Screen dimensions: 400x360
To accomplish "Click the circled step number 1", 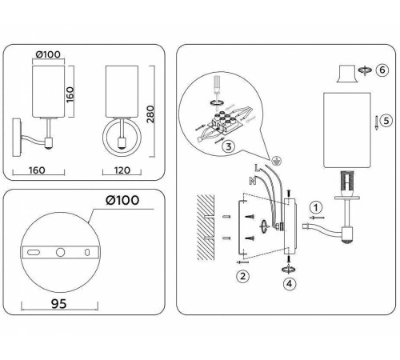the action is [316, 207].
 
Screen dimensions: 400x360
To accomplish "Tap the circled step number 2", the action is [242, 276].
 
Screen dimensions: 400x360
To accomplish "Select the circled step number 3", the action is [229, 146].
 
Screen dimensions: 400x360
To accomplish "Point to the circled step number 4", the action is [290, 284].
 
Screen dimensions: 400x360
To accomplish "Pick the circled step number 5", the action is [386, 121].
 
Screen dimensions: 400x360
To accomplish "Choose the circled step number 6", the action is [382, 70].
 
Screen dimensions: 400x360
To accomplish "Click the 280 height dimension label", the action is [151, 114].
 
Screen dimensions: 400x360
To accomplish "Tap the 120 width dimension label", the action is [122, 170].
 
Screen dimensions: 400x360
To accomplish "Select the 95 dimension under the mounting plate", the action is [59, 304].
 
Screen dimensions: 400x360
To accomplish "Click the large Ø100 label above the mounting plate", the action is [122, 200].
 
